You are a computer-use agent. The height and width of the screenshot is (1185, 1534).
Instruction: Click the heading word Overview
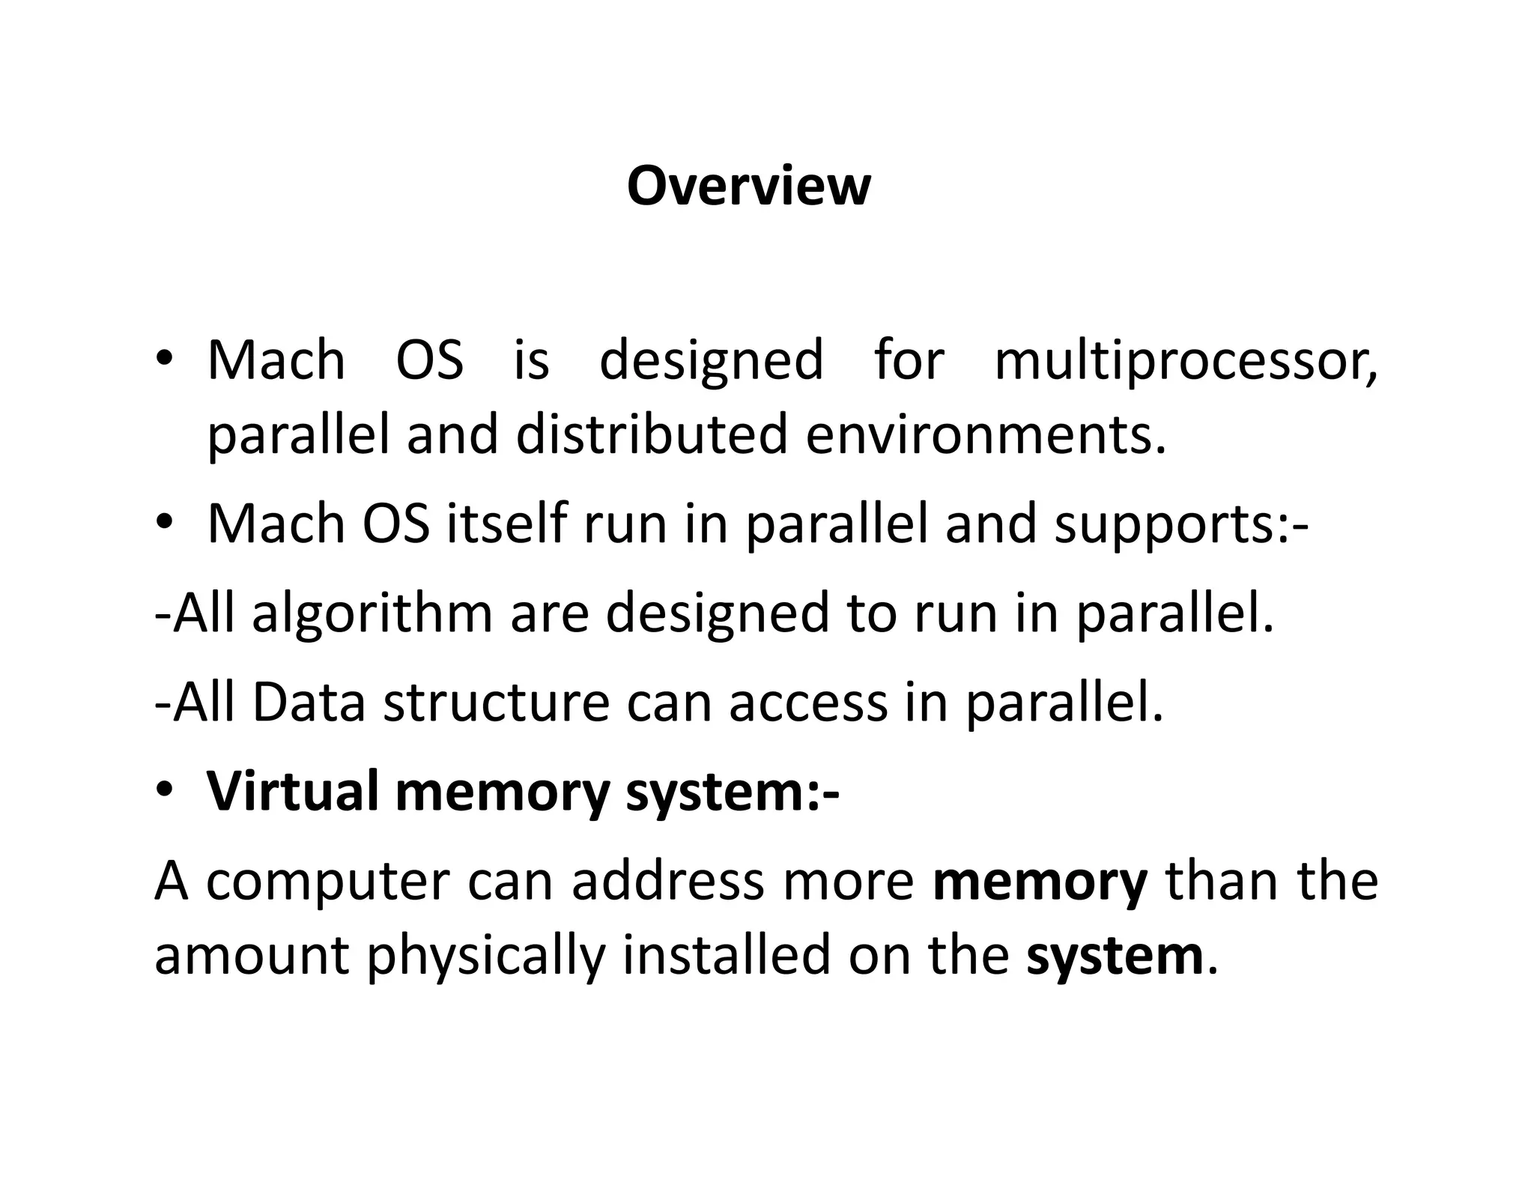(748, 186)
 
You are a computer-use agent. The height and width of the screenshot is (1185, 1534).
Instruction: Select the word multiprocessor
(1185, 361)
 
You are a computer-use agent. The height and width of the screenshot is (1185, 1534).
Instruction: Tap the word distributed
(652, 434)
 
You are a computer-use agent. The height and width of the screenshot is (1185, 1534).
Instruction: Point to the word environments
(986, 434)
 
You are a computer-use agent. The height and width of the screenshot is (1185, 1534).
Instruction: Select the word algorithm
(372, 613)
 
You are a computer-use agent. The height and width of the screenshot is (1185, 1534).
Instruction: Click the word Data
(309, 703)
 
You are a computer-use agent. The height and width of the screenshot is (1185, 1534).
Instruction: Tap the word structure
(496, 703)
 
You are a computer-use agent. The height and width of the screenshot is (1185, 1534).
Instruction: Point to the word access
(807, 703)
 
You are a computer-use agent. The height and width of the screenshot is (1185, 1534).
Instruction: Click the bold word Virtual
(292, 791)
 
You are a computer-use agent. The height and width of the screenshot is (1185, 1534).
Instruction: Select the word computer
(327, 881)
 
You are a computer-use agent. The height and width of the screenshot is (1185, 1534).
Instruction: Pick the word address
(668, 881)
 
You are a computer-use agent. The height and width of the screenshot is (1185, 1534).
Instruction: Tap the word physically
(485, 957)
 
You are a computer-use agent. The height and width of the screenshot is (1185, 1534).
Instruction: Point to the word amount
(252, 956)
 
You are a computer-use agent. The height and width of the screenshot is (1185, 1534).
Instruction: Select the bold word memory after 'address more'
(1040, 882)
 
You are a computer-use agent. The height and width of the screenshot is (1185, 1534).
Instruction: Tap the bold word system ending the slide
(1115, 956)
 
